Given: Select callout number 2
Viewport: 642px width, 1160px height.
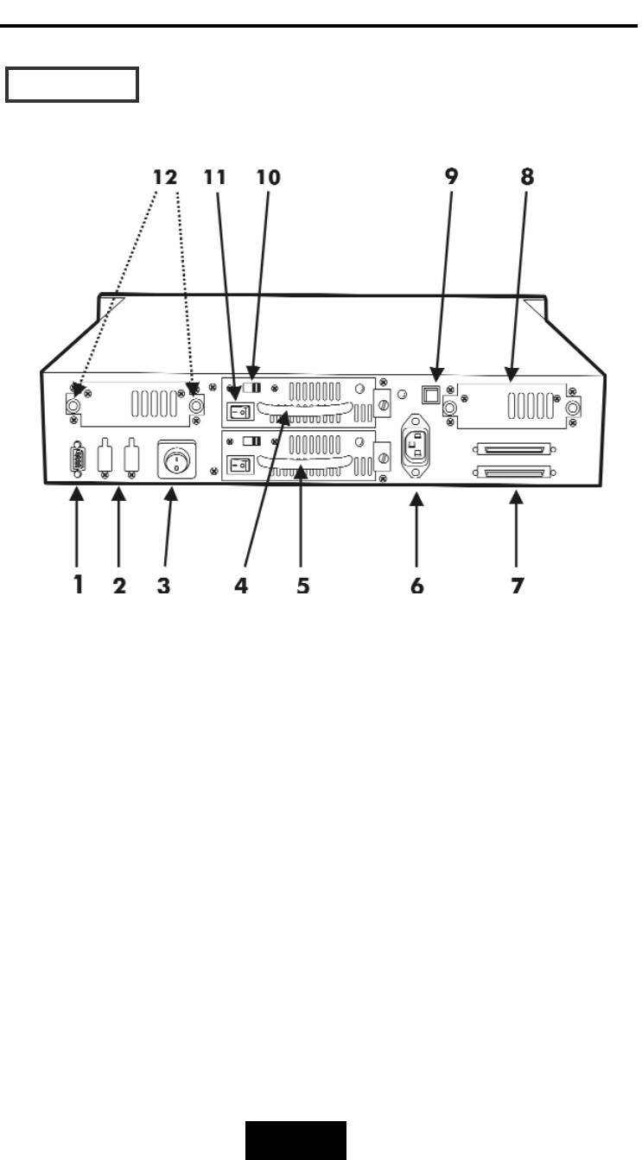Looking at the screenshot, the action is pyautogui.click(x=119, y=586).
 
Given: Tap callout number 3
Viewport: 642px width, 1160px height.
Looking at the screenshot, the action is pyautogui.click(x=163, y=586).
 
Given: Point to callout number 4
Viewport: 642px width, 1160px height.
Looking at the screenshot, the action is pyautogui.click(x=241, y=586).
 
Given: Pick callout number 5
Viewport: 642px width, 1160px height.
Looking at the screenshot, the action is pyautogui.click(x=302, y=586).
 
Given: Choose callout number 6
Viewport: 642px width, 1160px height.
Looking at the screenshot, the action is pyautogui.click(x=417, y=586).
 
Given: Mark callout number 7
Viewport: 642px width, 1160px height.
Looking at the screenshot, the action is pyautogui.click(x=517, y=586).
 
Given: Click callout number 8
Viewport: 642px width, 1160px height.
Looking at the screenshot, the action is pyautogui.click(x=527, y=178).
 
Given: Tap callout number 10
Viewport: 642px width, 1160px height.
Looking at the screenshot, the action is pyautogui.click(x=268, y=178).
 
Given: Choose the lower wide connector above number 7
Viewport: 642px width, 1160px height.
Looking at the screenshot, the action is pyautogui.click(x=512, y=473).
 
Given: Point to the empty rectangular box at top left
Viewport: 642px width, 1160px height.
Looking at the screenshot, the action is pyautogui.click(x=73, y=86).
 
